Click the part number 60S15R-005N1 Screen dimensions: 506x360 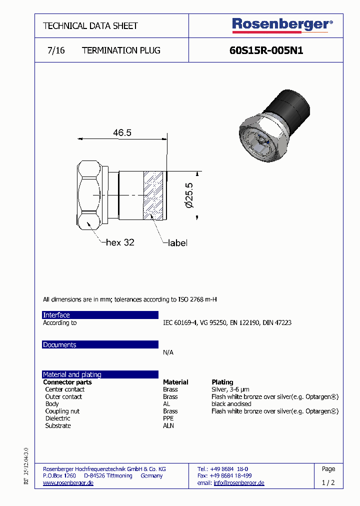pyautogui.click(x=266, y=50)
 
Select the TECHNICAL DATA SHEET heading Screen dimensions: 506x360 pyautogui.click(x=90, y=25)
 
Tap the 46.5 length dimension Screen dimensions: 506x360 pyautogui.click(x=122, y=132)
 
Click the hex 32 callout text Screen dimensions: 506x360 pyautogui.click(x=120, y=242)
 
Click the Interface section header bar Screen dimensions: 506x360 pyautogui.click(x=100, y=315)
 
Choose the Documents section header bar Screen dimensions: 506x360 pyautogui.click(x=100, y=344)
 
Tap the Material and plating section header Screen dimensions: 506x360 pyautogui.click(x=100, y=374)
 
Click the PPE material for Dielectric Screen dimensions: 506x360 pyautogui.click(x=168, y=418)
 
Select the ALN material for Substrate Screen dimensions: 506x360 pyautogui.click(x=168, y=426)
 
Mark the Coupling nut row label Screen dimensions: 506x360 pyautogui.click(x=62, y=411)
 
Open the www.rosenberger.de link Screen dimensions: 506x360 pyautogui.click(x=68, y=483)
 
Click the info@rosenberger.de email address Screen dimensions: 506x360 pyautogui.click(x=239, y=483)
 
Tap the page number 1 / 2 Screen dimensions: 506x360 pyautogui.click(x=328, y=483)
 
